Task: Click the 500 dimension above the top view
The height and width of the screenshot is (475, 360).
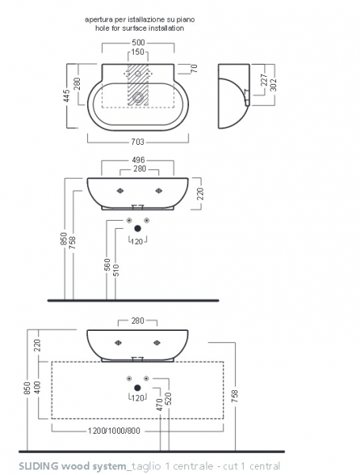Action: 138,43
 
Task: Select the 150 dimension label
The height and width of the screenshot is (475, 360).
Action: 138,51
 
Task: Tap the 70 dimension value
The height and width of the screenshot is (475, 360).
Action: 194,68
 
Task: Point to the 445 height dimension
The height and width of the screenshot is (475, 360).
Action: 67,96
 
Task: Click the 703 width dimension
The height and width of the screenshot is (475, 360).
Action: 138,142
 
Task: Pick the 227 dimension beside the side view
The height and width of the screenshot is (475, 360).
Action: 264,80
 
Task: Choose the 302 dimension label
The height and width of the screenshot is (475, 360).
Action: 273,85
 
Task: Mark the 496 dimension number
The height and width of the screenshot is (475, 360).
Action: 138,160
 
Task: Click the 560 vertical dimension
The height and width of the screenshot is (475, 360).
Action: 107,265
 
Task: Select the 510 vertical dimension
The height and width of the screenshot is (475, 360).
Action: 116,270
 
